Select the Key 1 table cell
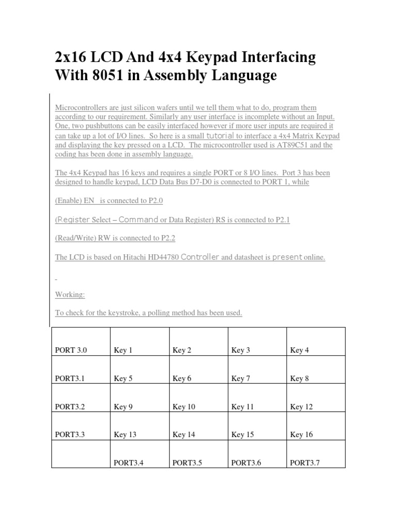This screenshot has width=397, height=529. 123,350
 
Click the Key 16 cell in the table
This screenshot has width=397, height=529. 301,434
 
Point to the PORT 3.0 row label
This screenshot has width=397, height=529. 71,350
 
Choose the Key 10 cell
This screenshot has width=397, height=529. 184,407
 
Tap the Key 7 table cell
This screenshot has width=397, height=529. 241,379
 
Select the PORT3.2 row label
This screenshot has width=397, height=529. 69,407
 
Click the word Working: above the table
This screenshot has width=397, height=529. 70,294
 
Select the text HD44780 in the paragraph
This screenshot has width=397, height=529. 162,257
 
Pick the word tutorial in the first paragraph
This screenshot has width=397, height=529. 221,135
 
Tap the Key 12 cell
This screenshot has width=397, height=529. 301,407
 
